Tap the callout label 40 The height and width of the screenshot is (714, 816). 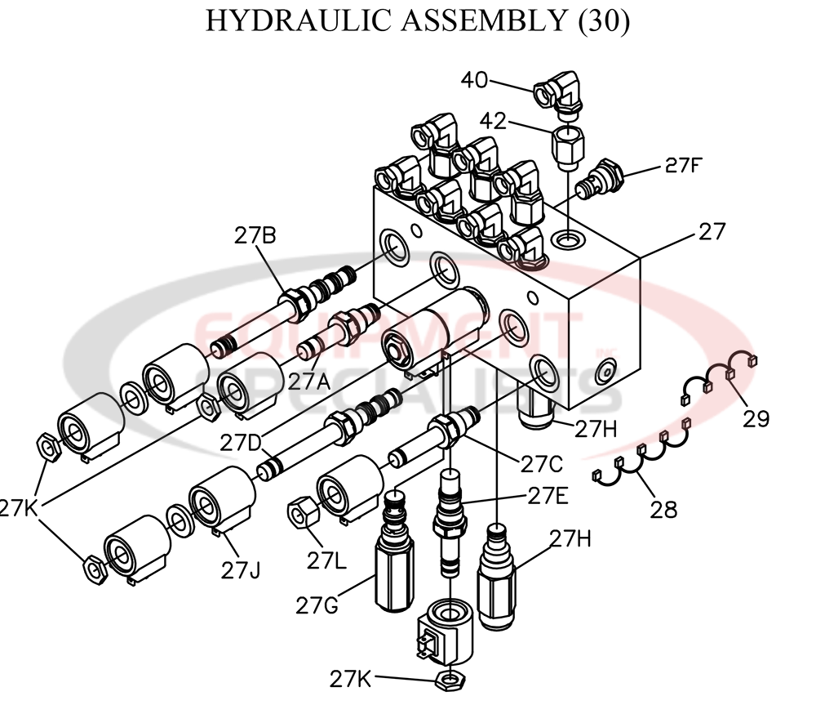point(475,80)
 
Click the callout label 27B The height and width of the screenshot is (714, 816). point(255,237)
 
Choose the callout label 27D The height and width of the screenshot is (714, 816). point(242,444)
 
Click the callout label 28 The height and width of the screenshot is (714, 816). point(663,510)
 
